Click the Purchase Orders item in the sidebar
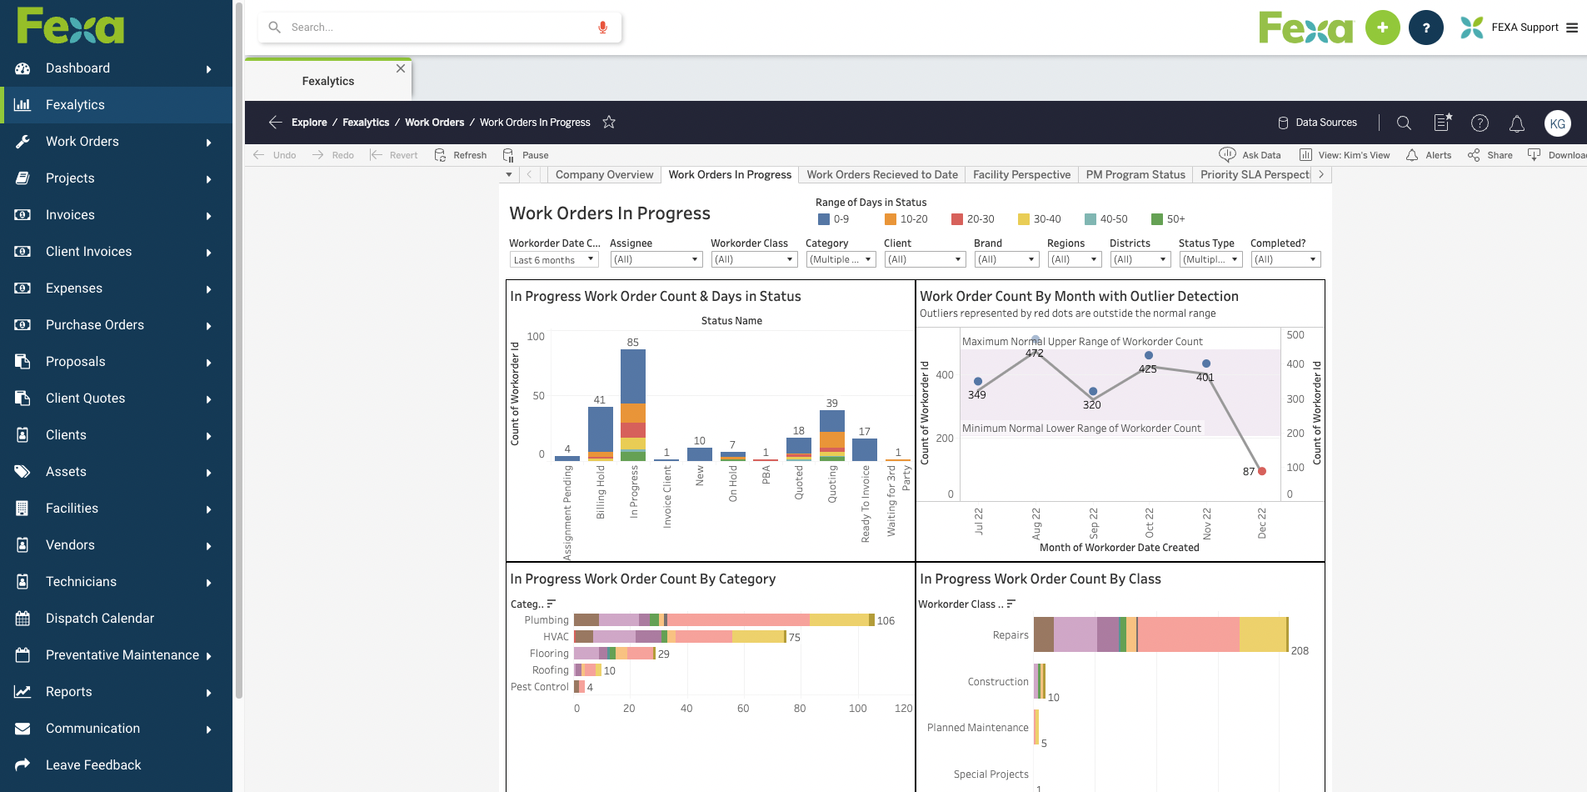94,325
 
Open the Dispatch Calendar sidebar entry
99,619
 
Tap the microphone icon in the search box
602,28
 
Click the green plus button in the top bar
1382,28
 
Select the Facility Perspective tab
1021,175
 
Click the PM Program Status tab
1135,175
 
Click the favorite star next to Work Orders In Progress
609,123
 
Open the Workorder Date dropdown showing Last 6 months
554,260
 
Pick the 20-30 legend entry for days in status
973,219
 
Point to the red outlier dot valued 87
1262,471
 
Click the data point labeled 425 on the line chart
1149,355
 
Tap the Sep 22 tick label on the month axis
1094,522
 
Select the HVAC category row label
556,637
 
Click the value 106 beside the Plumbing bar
886,621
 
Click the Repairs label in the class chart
1010,635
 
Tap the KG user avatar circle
1557,123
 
